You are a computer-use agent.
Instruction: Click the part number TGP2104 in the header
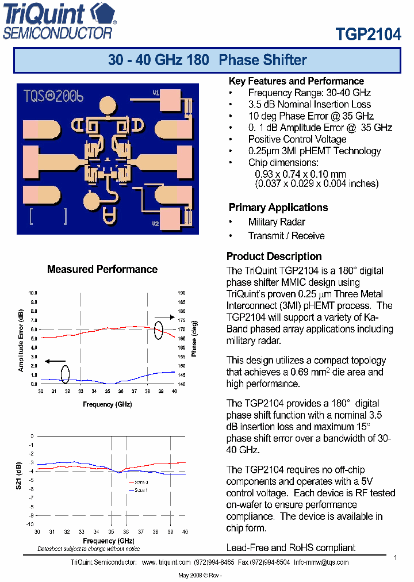click(368, 34)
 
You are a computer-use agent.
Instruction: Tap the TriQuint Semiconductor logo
click(60, 21)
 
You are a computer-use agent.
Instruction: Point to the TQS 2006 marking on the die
click(53, 97)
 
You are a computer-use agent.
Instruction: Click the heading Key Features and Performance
click(296, 81)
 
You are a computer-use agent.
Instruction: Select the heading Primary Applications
click(278, 208)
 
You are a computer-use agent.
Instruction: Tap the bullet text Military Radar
click(277, 222)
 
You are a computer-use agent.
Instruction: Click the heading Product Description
click(274, 256)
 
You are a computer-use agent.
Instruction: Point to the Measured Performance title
click(102, 269)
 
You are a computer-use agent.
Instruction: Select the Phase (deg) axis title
click(194, 338)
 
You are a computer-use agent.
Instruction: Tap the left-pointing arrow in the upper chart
click(55, 361)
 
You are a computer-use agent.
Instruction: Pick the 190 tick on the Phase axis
click(182, 293)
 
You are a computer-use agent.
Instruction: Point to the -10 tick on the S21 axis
click(30, 524)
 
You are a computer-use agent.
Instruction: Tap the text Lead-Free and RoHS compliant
click(291, 547)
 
